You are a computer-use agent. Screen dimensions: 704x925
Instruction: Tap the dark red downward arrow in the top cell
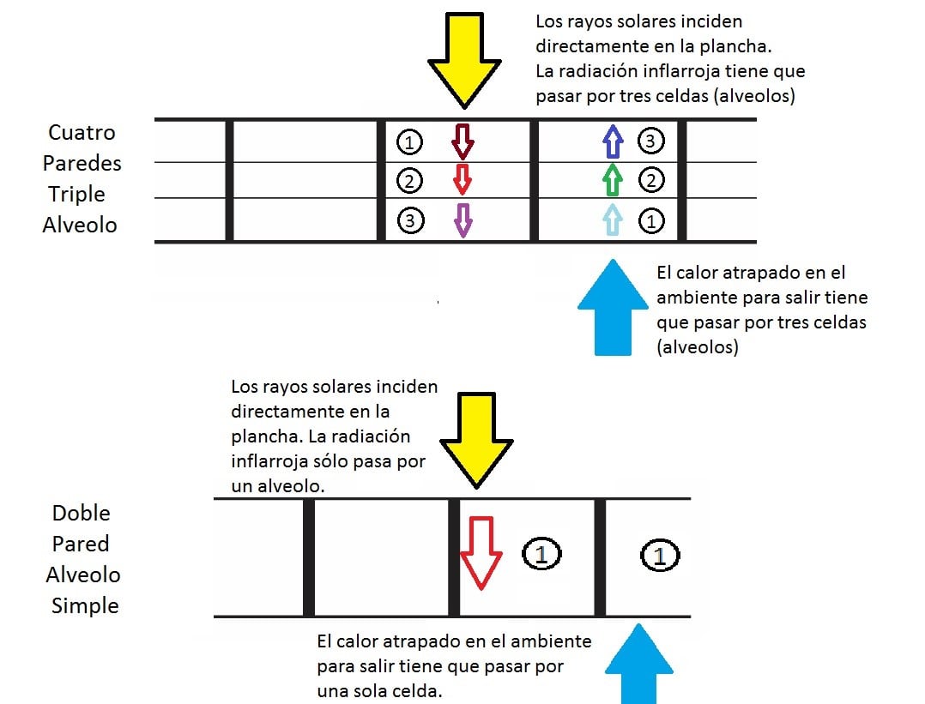click(x=462, y=141)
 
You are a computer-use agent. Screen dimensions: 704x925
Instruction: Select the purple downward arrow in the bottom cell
click(x=462, y=220)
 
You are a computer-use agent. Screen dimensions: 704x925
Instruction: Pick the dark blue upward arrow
click(x=612, y=141)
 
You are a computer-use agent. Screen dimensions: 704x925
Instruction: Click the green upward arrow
click(x=612, y=180)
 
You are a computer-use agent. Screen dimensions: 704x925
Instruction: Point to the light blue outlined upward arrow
click(x=611, y=220)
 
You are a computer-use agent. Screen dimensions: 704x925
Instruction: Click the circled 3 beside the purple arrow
click(x=411, y=220)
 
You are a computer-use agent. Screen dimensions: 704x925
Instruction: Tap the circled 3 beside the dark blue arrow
click(x=651, y=141)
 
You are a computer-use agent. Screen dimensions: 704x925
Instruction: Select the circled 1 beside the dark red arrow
click(x=411, y=141)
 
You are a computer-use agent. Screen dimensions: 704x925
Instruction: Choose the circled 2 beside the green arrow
click(x=651, y=180)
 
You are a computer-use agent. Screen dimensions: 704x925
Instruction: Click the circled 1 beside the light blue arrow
click(x=651, y=220)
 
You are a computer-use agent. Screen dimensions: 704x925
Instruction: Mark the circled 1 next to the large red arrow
click(x=541, y=554)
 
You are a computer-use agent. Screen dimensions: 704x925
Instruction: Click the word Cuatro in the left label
click(x=82, y=133)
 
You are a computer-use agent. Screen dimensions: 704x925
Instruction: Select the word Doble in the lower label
click(x=82, y=513)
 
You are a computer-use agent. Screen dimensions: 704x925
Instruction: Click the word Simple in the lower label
click(x=85, y=605)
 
